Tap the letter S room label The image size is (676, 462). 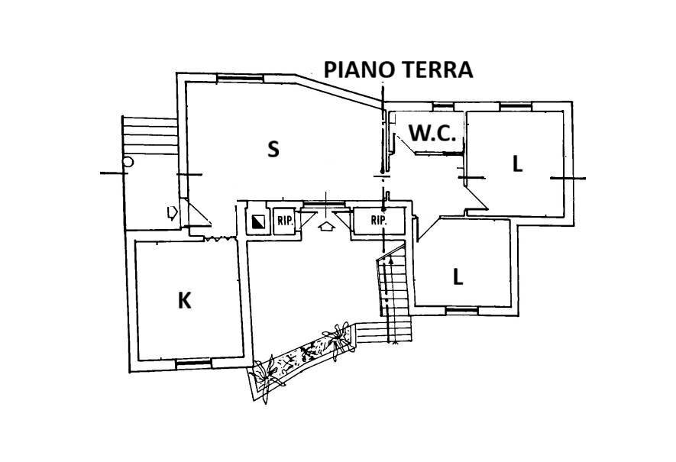click(x=273, y=149)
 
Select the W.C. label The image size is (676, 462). click(x=432, y=133)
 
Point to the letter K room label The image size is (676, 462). click(x=184, y=301)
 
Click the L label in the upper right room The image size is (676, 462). click(x=517, y=163)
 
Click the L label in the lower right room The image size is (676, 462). click(x=458, y=277)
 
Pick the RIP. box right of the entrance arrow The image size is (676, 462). click(x=378, y=220)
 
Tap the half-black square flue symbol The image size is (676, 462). click(x=257, y=221)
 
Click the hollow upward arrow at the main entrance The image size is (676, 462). click(x=327, y=226)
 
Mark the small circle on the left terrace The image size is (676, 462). click(x=128, y=162)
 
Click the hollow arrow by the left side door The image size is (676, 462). click(x=173, y=212)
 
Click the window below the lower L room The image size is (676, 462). click(x=461, y=310)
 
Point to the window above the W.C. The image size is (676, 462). click(x=443, y=104)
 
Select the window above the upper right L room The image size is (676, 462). click(x=513, y=104)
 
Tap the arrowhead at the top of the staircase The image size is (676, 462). click(x=391, y=261)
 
